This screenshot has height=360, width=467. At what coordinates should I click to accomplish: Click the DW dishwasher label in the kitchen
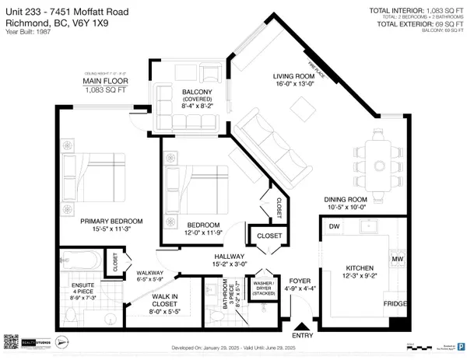335,227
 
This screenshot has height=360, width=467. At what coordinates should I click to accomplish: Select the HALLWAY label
231,257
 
